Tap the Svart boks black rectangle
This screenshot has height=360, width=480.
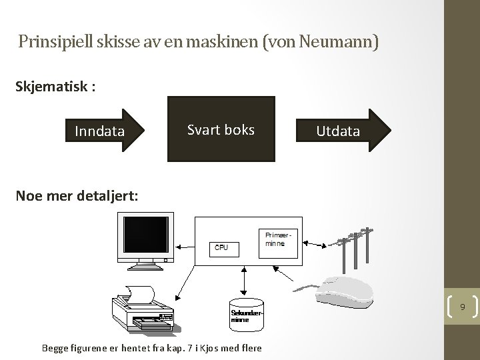221,129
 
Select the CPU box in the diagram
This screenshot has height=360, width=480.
221,247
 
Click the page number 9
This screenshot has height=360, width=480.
461,307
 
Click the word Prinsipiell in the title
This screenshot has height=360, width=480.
57,43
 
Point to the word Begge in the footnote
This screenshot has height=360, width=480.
55,347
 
